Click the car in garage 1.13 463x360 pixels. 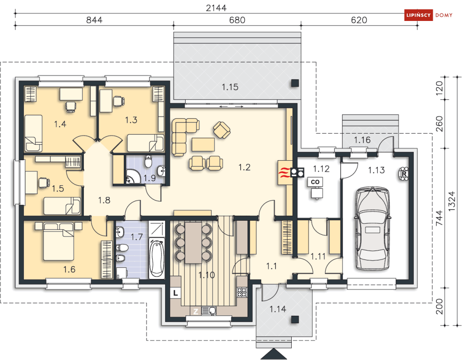tap(372, 229)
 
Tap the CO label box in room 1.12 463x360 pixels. tap(315, 182)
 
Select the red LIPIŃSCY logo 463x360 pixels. tap(418, 15)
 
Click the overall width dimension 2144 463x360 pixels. tap(216, 8)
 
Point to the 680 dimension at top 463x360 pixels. tap(237, 20)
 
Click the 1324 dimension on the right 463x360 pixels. tap(452, 201)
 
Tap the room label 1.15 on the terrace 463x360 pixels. tap(230, 87)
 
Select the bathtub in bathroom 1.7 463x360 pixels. tap(156, 258)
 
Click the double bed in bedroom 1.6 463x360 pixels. tap(59, 242)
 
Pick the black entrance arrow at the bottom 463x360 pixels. tap(274, 354)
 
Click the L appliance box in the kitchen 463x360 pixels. tap(175, 293)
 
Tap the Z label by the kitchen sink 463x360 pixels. tap(195, 311)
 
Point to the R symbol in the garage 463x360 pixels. tap(404, 174)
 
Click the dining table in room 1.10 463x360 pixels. tap(193, 242)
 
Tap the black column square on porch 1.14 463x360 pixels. tap(295, 319)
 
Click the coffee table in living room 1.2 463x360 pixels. tap(203, 144)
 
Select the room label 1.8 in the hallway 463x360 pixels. tap(104, 200)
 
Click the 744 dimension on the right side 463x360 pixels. tap(439, 218)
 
